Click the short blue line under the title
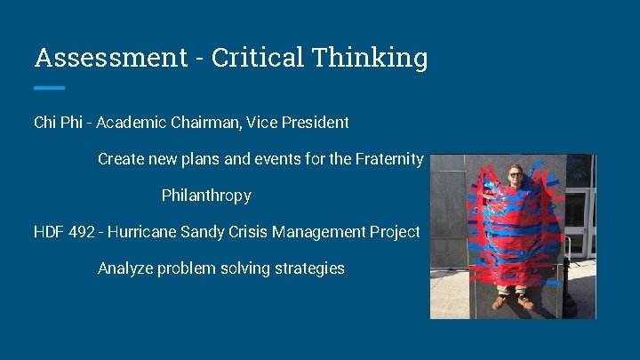point(49,88)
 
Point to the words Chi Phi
point(58,122)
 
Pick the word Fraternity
point(388,159)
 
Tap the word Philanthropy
point(206,196)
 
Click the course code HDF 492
point(65,232)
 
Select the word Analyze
point(125,268)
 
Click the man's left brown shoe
point(500,302)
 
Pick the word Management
point(313,232)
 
